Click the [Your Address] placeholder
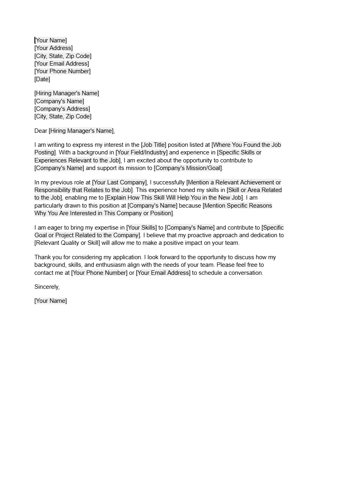[x=54, y=48]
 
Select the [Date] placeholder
[x=42, y=79]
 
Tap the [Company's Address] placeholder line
[x=62, y=109]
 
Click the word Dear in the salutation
[x=41, y=131]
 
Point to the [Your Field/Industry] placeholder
[x=142, y=152]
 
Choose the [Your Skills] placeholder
[x=142, y=228]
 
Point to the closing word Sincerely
[x=47, y=287]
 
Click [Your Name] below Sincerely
[x=51, y=301]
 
